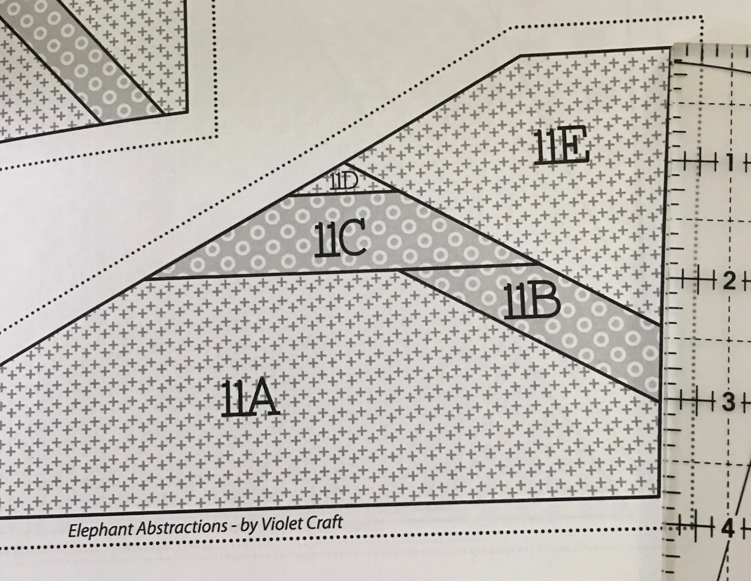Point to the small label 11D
click(344, 182)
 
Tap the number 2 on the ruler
click(729, 281)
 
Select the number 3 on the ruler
click(729, 402)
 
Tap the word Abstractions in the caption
click(182, 527)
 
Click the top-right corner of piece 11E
click(671, 48)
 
